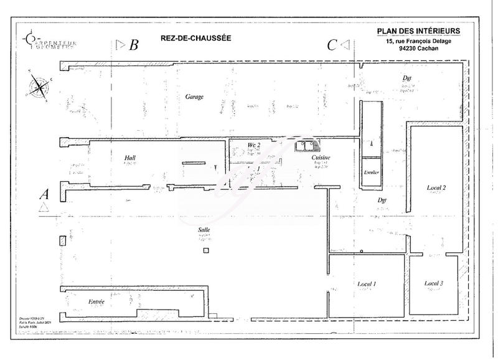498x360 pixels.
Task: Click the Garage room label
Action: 195,98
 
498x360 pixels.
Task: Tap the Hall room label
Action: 130,159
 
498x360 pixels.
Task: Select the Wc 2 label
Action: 253,145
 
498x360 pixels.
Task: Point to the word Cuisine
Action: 321,158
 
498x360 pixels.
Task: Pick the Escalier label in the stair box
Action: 372,172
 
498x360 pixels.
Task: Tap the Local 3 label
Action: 433,283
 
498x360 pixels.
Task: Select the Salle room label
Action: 204,229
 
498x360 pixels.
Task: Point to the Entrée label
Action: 96,301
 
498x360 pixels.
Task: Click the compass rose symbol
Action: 39,86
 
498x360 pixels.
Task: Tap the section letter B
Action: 133,45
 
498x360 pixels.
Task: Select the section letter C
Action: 332,45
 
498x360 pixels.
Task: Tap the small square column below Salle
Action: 206,250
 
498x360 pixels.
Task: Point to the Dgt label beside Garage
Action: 408,78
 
